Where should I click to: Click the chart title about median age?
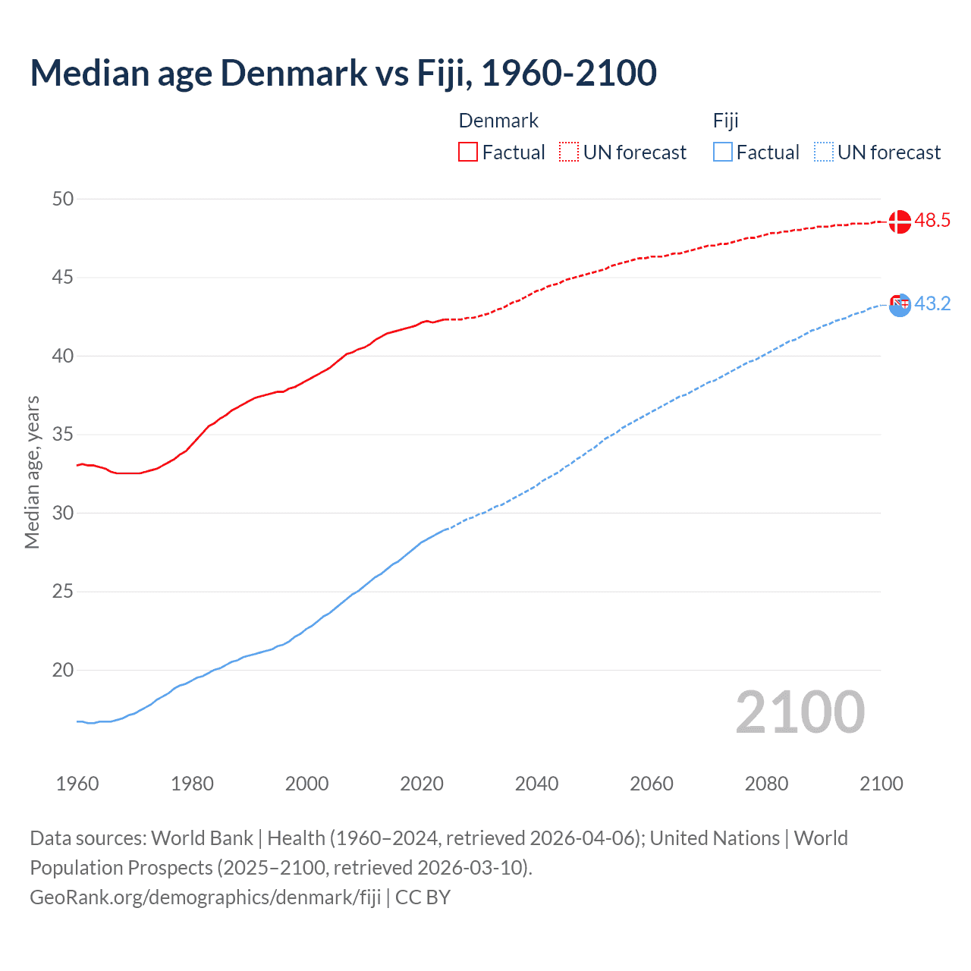pos(343,73)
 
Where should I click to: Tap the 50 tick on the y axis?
pos(63,199)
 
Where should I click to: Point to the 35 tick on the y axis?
pos(63,435)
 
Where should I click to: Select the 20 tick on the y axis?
pos(63,670)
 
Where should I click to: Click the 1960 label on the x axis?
pos(77,784)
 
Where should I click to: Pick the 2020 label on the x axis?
pos(422,784)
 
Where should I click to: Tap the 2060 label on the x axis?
pos(652,784)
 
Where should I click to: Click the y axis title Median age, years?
pos(32,472)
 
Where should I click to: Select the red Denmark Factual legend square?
pos(468,152)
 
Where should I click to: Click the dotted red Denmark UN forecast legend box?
pos(569,152)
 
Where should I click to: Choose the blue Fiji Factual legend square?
pos(723,152)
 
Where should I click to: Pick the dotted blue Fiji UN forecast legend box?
pos(824,152)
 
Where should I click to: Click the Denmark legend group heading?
pos(498,121)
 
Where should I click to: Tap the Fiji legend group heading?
pos(726,121)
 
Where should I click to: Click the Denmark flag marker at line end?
pos(900,222)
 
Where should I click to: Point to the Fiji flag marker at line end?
pos(900,305)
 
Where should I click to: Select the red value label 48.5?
pos(932,221)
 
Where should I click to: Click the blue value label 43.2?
pos(932,304)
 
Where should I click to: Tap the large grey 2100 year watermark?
pos(800,712)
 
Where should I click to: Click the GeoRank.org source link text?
pos(205,897)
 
